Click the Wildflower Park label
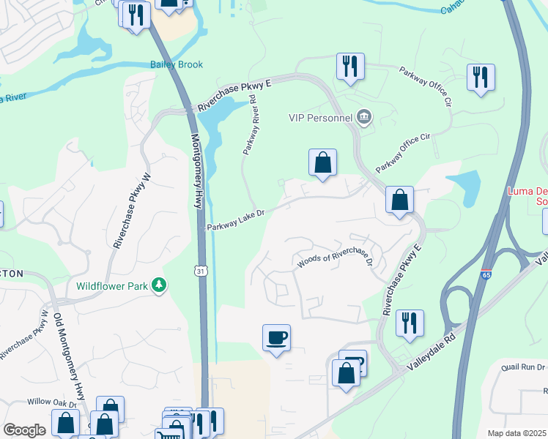(x=112, y=285)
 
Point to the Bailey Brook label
(x=177, y=64)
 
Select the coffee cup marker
(x=276, y=338)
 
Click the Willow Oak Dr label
(x=52, y=402)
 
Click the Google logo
(x=24, y=430)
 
